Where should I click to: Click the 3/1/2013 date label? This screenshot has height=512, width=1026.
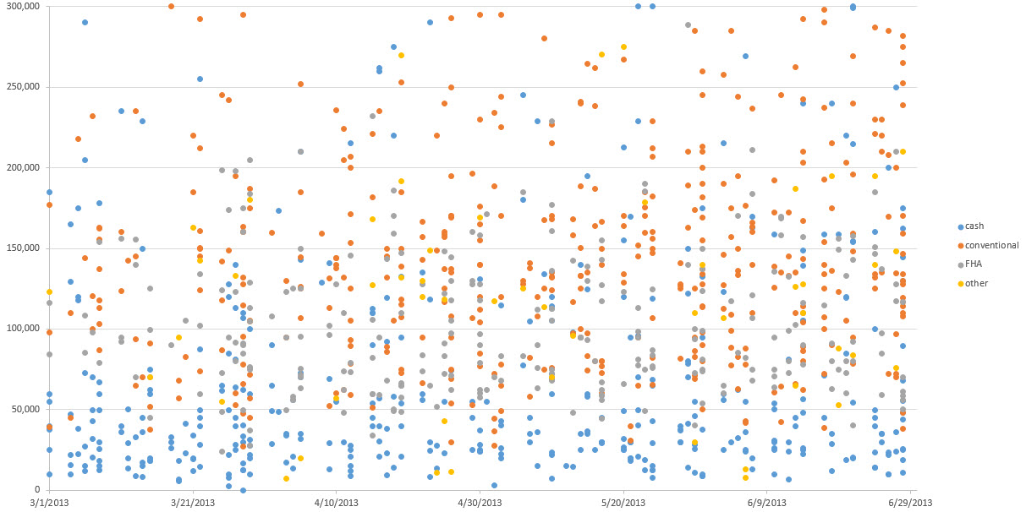[x=50, y=502]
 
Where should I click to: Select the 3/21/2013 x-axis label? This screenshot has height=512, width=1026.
[x=193, y=502]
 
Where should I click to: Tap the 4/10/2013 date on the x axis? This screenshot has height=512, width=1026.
[x=337, y=502]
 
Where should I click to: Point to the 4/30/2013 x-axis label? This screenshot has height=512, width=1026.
[x=480, y=502]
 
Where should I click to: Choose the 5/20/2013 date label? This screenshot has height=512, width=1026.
[x=623, y=502]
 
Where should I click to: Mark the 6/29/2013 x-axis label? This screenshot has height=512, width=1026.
[x=910, y=502]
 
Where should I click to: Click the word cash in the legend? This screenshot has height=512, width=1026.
[x=975, y=226]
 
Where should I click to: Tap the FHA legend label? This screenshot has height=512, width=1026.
[x=974, y=264]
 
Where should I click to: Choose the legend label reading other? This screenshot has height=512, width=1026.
[x=976, y=283]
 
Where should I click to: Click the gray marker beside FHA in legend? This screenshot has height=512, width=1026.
[x=960, y=264]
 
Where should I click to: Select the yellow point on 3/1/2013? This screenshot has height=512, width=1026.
[x=49, y=292]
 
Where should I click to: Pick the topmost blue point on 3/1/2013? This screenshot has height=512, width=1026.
[x=49, y=193]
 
